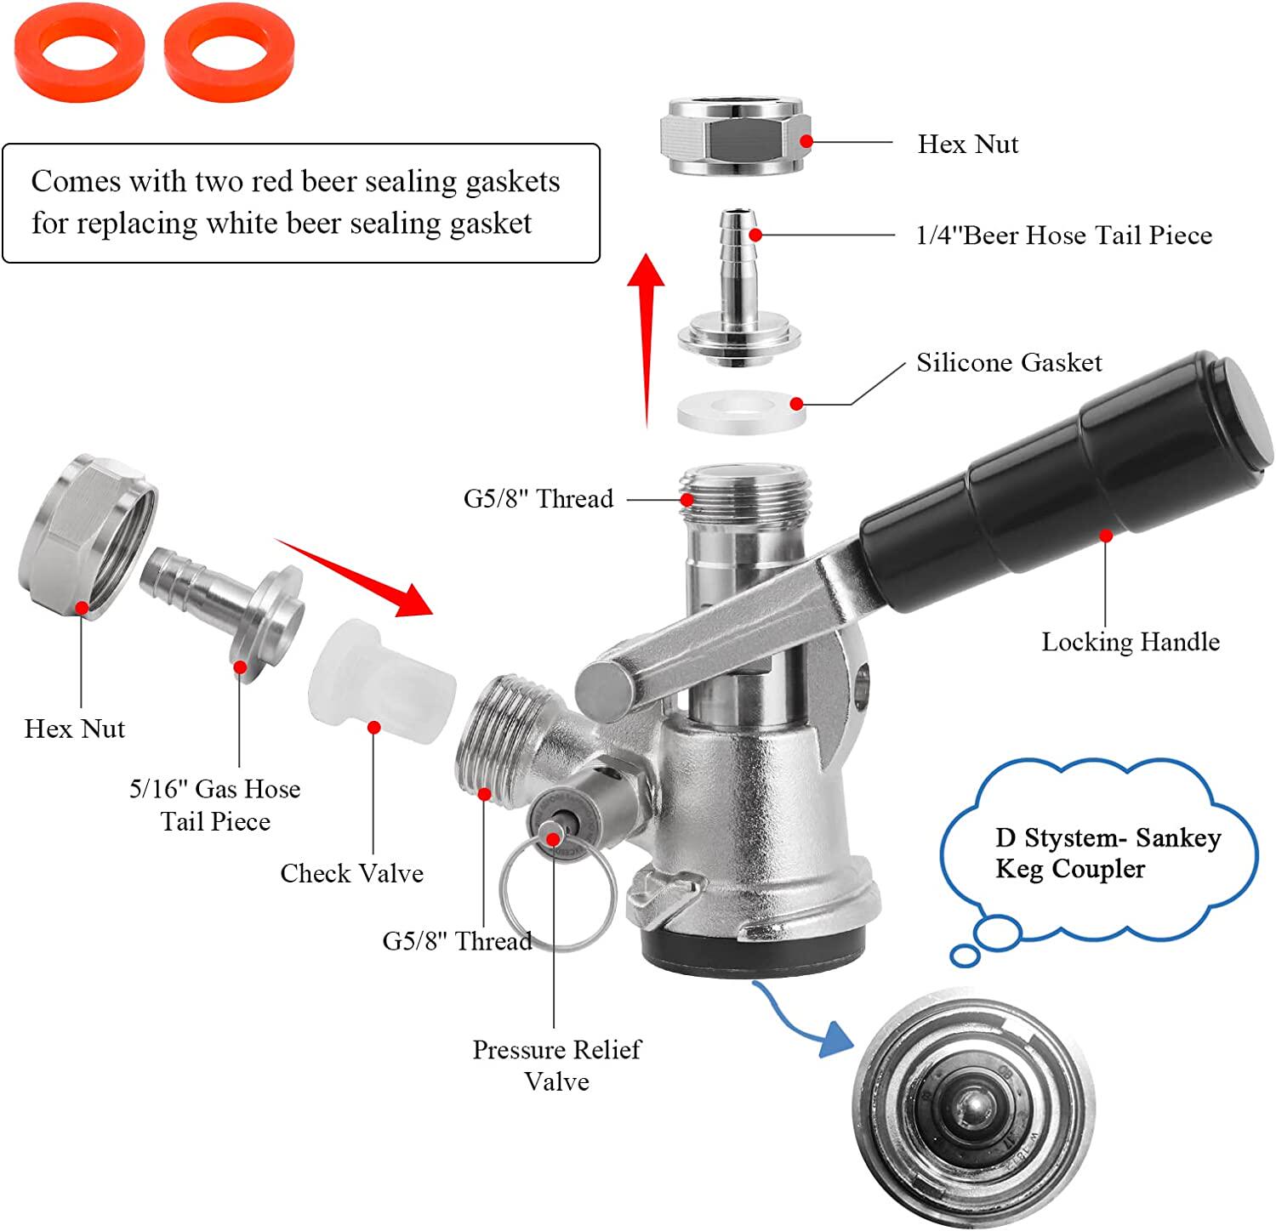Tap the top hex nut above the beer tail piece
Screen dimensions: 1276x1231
[733, 136]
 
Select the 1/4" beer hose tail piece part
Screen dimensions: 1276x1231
[738, 289]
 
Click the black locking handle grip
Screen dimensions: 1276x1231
[1068, 480]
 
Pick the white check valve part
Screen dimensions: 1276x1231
[383, 680]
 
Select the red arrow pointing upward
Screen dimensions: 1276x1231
[647, 340]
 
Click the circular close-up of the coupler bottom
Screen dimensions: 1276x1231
[972, 1113]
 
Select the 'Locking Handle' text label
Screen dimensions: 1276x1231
[1131, 642]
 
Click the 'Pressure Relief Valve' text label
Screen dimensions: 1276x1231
[556, 1065]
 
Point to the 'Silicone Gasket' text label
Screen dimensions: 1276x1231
[1009, 363]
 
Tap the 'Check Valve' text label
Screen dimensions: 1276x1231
[351, 873]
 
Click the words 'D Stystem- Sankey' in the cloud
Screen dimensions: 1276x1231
[1108, 838]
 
